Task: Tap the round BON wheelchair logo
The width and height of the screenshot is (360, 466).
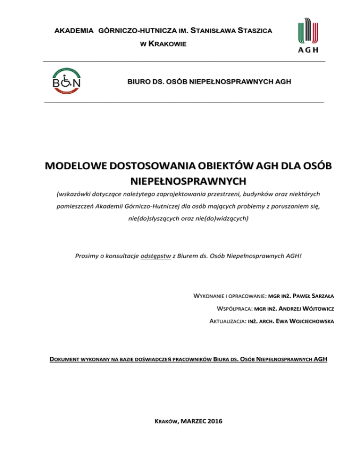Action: point(67,81)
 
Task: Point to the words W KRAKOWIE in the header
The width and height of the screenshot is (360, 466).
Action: point(164,44)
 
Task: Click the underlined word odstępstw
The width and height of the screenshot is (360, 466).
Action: point(156,256)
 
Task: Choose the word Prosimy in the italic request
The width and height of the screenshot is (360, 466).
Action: point(87,256)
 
